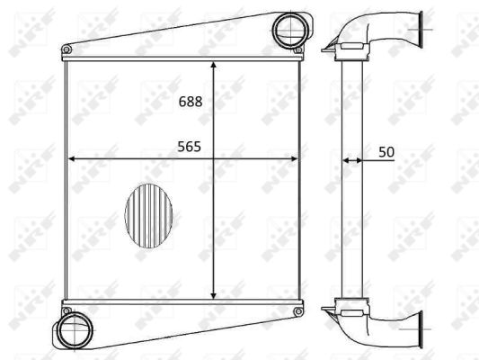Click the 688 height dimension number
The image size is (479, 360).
[x=191, y=102]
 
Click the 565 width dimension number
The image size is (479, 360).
[x=190, y=147]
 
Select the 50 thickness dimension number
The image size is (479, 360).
[x=386, y=152]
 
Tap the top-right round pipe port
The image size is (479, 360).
[x=290, y=30]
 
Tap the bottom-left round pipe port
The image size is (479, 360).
[x=75, y=330]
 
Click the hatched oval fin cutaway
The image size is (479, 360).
[x=149, y=216]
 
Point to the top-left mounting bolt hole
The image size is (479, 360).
[x=67, y=49]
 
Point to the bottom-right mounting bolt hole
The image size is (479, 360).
[x=297, y=311]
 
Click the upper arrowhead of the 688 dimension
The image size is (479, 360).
[x=214, y=65]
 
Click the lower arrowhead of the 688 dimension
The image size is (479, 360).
[x=214, y=295]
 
